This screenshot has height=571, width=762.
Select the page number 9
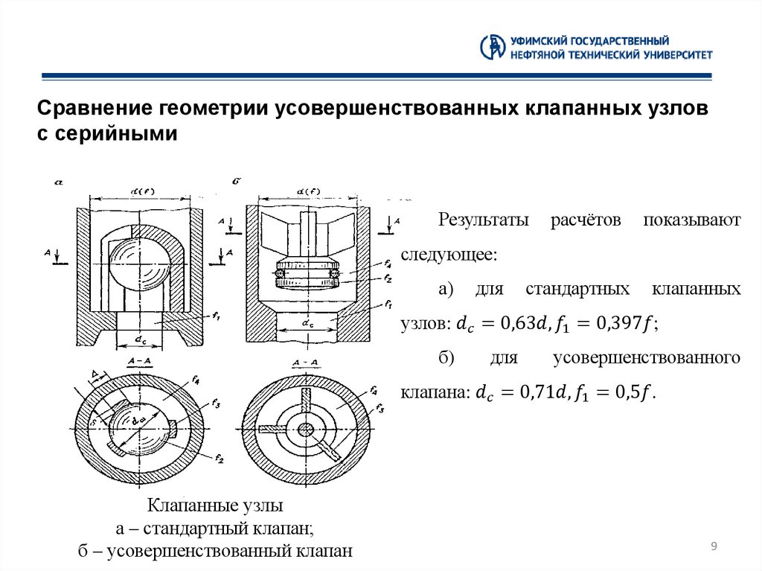tap(714, 547)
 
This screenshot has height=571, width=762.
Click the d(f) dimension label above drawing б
tap(308, 191)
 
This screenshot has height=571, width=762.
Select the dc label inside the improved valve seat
tap(307, 324)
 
